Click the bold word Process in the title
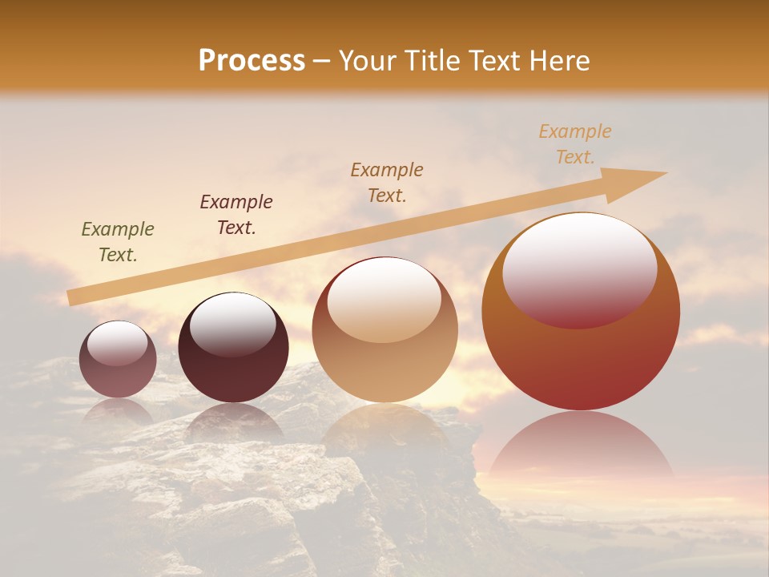tap(252, 61)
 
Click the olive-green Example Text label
tap(117, 241)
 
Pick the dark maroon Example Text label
tap(236, 214)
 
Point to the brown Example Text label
tap(386, 182)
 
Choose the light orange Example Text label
tap(574, 144)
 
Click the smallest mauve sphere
tap(118, 377)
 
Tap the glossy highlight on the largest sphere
tap(579, 268)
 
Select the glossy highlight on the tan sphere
tap(384, 299)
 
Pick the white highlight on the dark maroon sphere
tap(232, 325)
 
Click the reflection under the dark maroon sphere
tap(233, 421)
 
